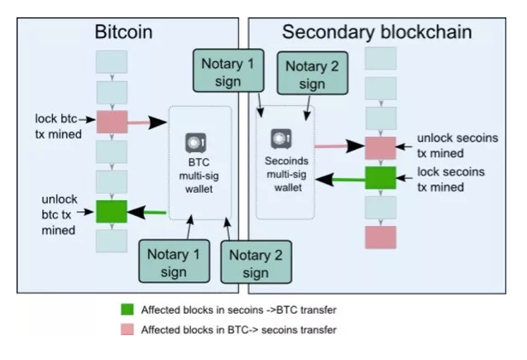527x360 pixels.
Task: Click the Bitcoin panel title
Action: tap(123, 32)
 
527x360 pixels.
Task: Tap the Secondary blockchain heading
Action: tap(376, 32)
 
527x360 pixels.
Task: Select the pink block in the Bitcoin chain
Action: tap(112, 122)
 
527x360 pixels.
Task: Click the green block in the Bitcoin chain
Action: tap(112, 211)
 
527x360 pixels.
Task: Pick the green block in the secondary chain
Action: tap(381, 177)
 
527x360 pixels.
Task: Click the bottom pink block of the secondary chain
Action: tap(381, 238)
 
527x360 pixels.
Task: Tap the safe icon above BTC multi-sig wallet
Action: tap(195, 143)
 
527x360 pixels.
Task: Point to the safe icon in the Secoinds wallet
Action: tap(281, 138)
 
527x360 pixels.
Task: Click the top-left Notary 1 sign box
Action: tap(228, 70)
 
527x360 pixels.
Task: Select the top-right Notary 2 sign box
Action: tap(312, 73)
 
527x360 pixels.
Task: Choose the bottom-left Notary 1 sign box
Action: tap(174, 261)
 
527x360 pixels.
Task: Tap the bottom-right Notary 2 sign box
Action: tap(256, 262)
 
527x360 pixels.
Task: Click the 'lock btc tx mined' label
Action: tap(58, 127)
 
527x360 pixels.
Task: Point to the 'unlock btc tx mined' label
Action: tap(60, 215)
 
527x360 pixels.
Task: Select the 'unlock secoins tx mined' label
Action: tap(458, 146)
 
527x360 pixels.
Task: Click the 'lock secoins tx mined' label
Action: tap(451, 180)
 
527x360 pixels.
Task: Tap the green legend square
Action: tap(127, 310)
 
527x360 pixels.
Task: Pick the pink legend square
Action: tap(127, 329)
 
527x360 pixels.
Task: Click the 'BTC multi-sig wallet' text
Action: tap(199, 175)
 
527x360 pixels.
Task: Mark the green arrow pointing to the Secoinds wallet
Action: tap(340, 179)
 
